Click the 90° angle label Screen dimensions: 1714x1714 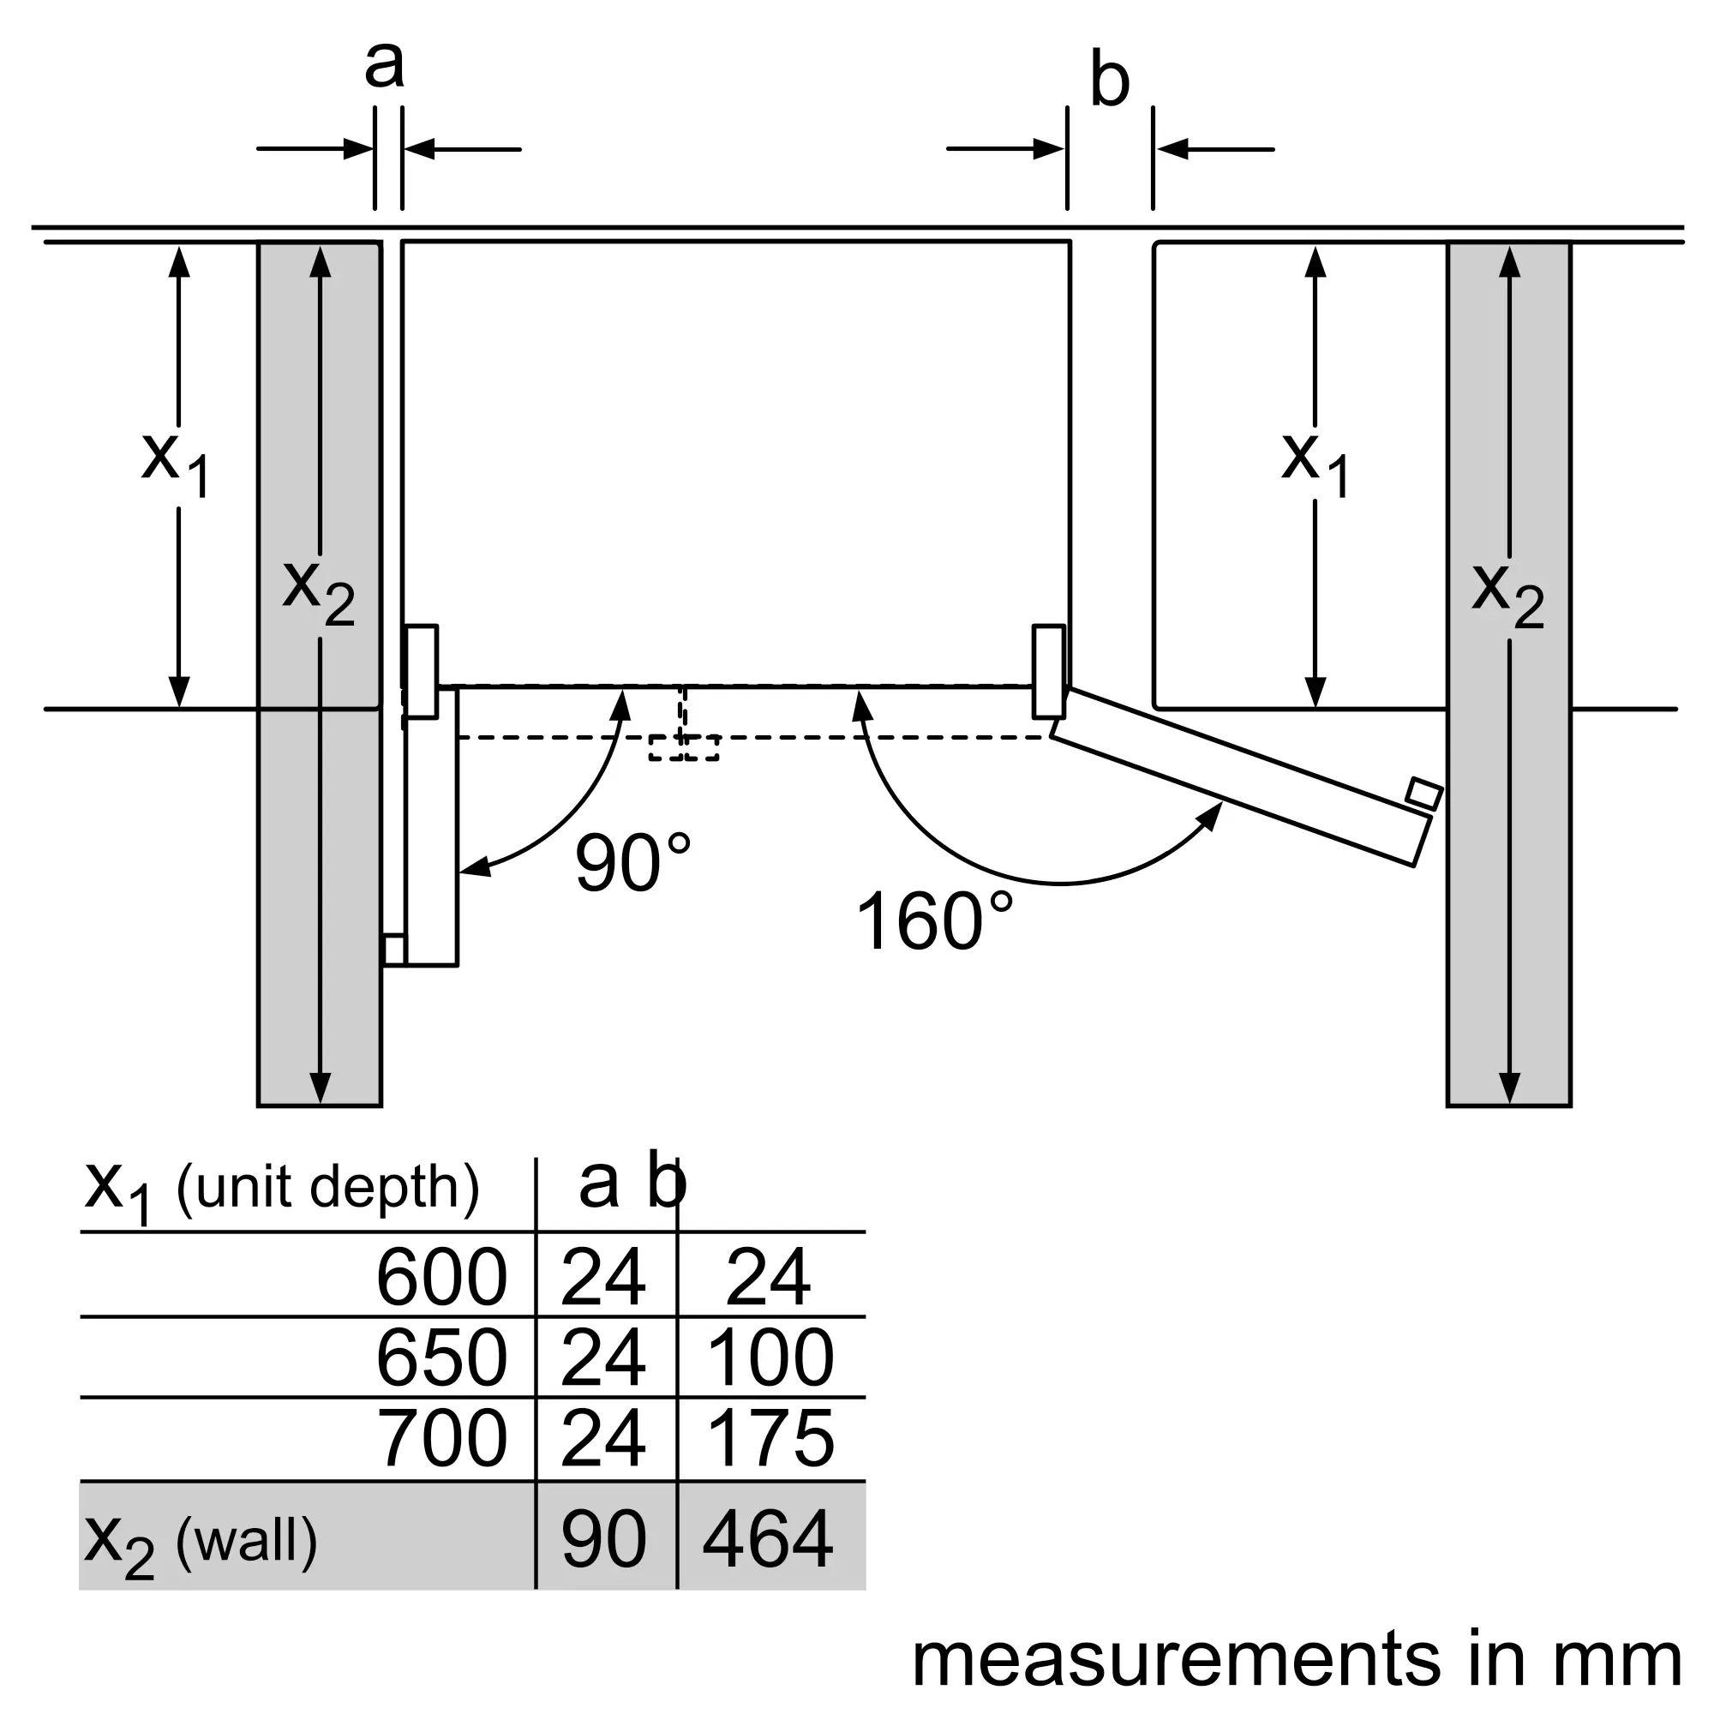coord(633,862)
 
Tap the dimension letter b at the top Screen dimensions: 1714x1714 coord(1109,81)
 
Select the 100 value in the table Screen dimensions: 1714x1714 coord(770,1358)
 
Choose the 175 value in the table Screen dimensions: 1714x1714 coord(770,1439)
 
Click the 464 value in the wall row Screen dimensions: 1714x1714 coord(768,1540)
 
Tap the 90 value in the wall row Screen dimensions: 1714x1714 coord(604,1540)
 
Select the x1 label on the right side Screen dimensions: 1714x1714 coord(1315,464)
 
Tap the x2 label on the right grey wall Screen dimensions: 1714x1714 coord(1508,596)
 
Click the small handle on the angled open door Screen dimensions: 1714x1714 coord(1423,793)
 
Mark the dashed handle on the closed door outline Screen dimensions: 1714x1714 coord(683,747)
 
